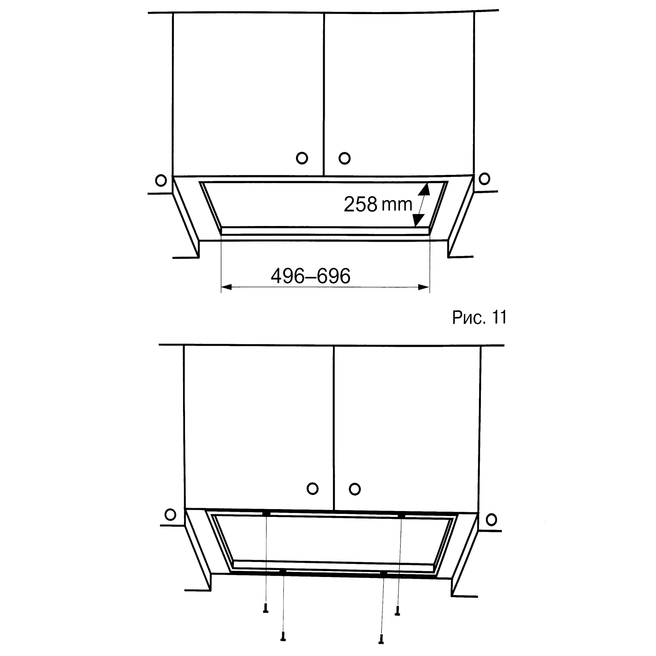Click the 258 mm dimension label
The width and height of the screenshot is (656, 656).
[x=378, y=204]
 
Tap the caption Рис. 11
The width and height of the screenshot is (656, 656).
[x=479, y=318]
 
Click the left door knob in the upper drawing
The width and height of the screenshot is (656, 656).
[x=302, y=158]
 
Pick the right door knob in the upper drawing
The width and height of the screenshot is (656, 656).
[x=344, y=158]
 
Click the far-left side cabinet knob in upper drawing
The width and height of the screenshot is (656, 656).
[x=161, y=180]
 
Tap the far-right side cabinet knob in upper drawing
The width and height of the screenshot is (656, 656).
[x=484, y=179]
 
